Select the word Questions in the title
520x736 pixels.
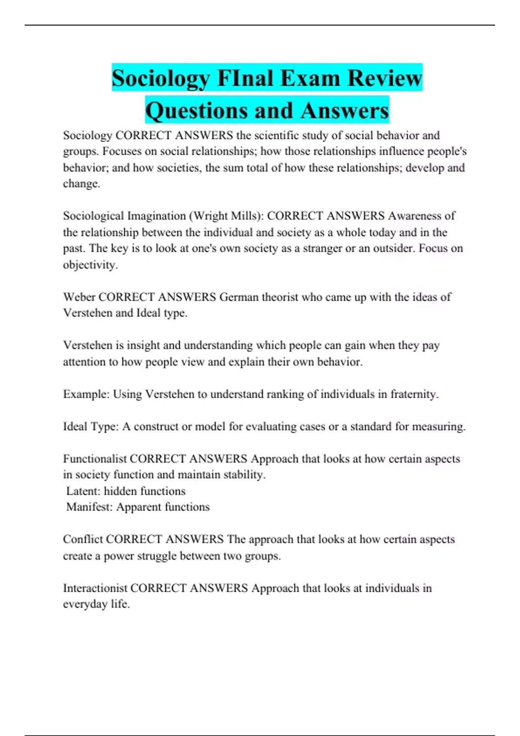pos(197,110)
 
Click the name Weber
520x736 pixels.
pos(79,297)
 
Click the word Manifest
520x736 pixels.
pos(89,507)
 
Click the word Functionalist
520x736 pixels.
pos(95,458)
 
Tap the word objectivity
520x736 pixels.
pos(90,265)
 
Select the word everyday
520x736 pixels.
pos(85,604)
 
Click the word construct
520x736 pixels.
pos(156,426)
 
